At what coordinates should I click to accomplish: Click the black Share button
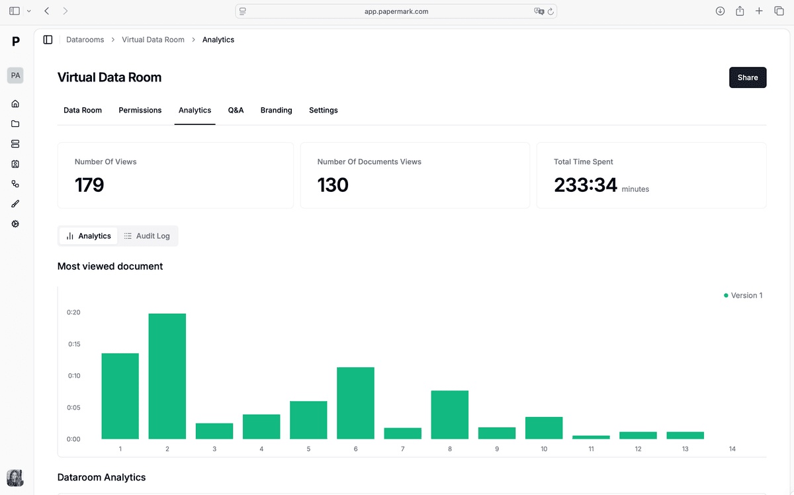pos(748,77)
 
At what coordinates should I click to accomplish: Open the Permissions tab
pos(140,111)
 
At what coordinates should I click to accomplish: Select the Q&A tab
pos(236,111)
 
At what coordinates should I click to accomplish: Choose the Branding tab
pos(276,111)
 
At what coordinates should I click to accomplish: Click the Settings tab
pos(323,111)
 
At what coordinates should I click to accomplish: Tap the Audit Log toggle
pos(147,236)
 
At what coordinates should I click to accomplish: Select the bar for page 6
pos(355,403)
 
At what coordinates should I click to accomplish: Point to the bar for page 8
pos(449,415)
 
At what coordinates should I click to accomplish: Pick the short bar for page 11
pos(591,437)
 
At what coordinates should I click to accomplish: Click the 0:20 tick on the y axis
pos(73,312)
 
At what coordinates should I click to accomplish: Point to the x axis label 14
pos(732,449)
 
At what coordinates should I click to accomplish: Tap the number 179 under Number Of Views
pos(89,185)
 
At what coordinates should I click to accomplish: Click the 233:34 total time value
pos(586,185)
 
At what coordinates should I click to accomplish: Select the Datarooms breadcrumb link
pos(85,40)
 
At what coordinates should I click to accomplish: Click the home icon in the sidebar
pos(15,104)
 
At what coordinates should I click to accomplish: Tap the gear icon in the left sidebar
pos(15,224)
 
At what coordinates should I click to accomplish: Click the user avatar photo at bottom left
pos(15,478)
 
